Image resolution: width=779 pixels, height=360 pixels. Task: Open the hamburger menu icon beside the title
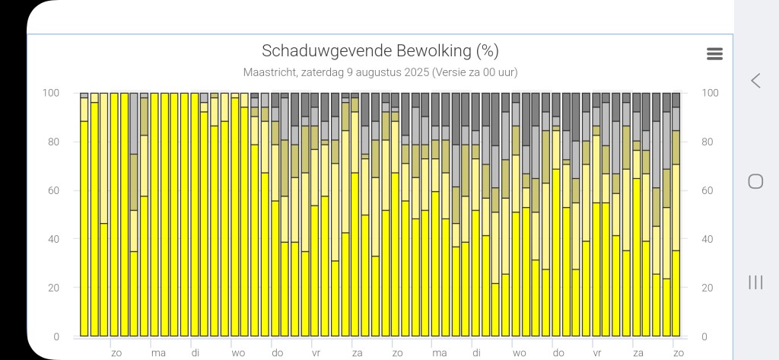(x=714, y=53)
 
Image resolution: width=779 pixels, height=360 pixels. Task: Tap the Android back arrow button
(x=755, y=81)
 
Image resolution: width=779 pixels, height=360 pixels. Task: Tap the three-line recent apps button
(x=755, y=282)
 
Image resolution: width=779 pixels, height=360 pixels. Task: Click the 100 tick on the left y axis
(x=51, y=93)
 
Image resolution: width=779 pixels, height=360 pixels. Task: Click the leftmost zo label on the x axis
(x=116, y=353)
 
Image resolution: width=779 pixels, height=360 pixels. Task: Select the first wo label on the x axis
(x=238, y=353)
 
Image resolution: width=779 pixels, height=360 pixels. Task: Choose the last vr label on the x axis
(x=597, y=353)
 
